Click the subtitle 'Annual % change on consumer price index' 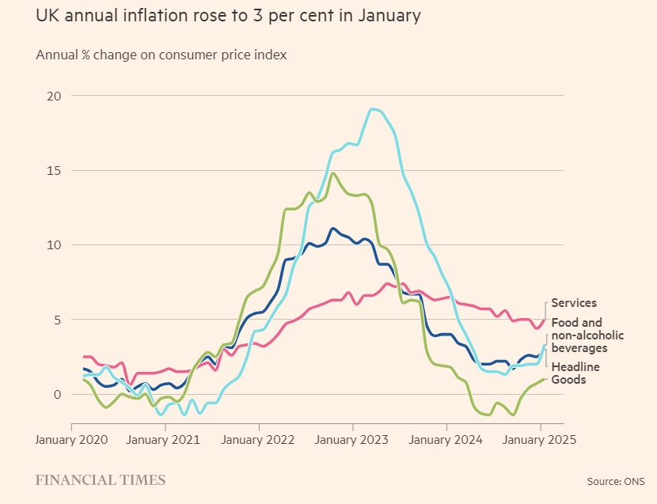pyautogui.click(x=161, y=55)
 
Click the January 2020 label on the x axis pyautogui.click(x=72, y=440)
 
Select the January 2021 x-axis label pyautogui.click(x=165, y=440)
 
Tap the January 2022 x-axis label pyautogui.click(x=259, y=440)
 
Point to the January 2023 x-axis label pyautogui.click(x=353, y=440)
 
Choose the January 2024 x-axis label pyautogui.click(x=446, y=440)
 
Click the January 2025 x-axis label pyautogui.click(x=540, y=440)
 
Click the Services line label pyautogui.click(x=574, y=303)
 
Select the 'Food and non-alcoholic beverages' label pyautogui.click(x=587, y=335)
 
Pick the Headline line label pyautogui.click(x=575, y=367)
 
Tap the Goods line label pyautogui.click(x=568, y=380)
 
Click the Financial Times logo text pyautogui.click(x=101, y=479)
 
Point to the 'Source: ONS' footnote pyautogui.click(x=616, y=480)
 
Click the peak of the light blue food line pyautogui.click(x=372, y=109)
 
